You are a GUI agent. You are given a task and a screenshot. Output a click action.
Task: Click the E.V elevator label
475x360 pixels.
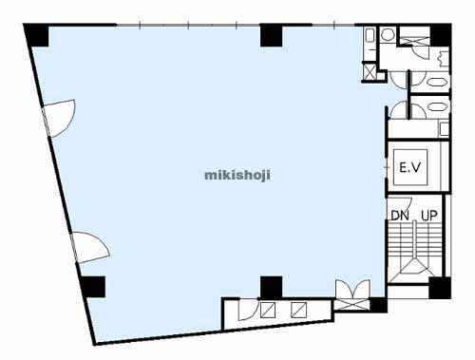click(x=409, y=167)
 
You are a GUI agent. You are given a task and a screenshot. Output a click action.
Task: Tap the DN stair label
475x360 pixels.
click(x=400, y=216)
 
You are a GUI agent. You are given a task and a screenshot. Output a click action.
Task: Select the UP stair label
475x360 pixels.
click(x=429, y=216)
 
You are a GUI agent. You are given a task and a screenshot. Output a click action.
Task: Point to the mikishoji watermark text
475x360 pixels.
click(x=237, y=175)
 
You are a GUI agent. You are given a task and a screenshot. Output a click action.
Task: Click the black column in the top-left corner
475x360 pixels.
click(x=37, y=35)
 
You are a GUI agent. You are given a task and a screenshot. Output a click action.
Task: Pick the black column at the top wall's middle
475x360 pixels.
click(x=271, y=35)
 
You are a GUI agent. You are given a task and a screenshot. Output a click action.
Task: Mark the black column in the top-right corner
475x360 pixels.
click(x=440, y=35)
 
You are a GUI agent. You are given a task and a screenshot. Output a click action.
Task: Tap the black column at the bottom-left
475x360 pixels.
click(x=92, y=287)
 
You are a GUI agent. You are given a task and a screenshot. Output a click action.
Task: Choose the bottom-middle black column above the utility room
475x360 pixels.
click(x=271, y=287)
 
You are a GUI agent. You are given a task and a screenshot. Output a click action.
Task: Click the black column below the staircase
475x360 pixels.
click(x=440, y=288)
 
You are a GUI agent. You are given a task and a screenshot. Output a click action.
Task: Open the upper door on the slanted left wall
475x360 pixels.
click(x=59, y=118)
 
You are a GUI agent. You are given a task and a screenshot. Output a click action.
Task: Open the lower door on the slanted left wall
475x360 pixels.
click(x=90, y=248)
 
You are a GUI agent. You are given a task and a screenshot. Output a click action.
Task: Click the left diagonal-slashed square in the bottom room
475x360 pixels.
click(x=268, y=310)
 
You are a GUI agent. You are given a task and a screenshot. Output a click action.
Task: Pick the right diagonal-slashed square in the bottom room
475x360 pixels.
click(x=299, y=310)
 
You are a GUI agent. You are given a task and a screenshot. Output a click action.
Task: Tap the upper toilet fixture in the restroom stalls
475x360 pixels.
click(x=438, y=82)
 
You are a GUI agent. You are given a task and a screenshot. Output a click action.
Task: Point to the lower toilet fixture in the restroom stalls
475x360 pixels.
click(x=438, y=106)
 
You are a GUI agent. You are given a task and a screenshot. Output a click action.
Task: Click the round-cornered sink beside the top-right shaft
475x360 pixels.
click(x=387, y=34)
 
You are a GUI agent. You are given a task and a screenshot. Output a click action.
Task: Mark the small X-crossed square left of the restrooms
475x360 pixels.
click(x=369, y=71)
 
